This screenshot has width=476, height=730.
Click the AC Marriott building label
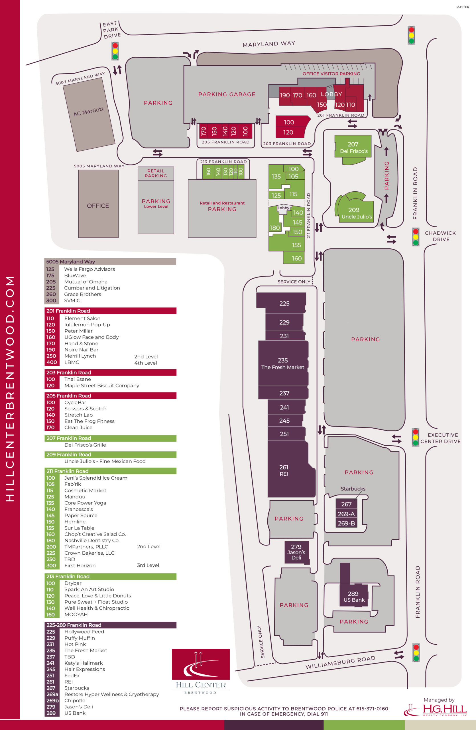click(x=88, y=111)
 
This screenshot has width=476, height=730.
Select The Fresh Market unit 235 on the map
click(x=283, y=363)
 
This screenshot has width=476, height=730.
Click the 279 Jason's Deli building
click(x=296, y=552)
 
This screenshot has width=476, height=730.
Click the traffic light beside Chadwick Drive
click(x=415, y=237)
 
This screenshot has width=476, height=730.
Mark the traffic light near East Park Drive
click(x=115, y=51)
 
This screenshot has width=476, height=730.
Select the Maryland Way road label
click(x=269, y=44)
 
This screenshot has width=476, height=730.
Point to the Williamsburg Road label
click(x=340, y=662)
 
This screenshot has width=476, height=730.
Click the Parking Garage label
click(x=227, y=94)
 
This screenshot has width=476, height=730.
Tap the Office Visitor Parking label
click(x=331, y=74)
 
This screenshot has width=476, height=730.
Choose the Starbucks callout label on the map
click(x=353, y=488)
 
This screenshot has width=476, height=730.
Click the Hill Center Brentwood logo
click(x=201, y=672)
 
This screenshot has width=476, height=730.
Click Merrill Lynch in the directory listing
click(x=80, y=356)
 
